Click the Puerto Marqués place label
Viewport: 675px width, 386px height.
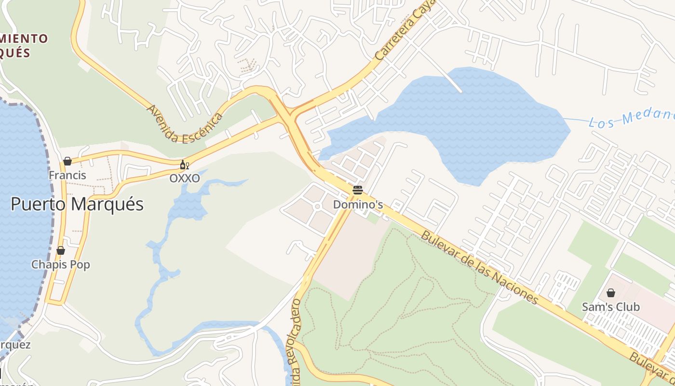click(77, 204)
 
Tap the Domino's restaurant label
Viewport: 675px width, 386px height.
click(358, 205)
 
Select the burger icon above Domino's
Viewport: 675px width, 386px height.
click(357, 190)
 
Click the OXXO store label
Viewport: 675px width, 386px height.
click(184, 178)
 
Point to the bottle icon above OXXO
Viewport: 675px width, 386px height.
click(184, 165)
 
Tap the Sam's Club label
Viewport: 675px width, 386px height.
click(610, 307)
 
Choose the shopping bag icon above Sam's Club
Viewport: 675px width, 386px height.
click(610, 292)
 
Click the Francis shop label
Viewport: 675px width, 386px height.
click(67, 175)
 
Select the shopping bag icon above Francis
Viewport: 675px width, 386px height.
click(67, 161)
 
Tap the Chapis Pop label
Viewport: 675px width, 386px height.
click(61, 264)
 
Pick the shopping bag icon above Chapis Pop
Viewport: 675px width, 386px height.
click(61, 250)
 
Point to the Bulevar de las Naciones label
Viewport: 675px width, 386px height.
click(479, 267)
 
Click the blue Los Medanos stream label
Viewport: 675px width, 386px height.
click(632, 117)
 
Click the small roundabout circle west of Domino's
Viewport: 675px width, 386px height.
click(317, 207)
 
